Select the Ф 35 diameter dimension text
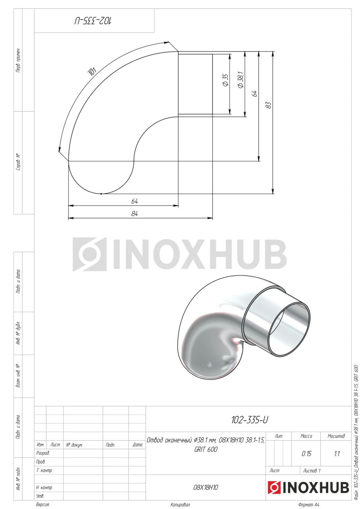(x=226, y=80)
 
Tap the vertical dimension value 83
(x=269, y=105)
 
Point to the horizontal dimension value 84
(x=134, y=214)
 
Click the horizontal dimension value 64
(x=134, y=201)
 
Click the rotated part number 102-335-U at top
(x=93, y=21)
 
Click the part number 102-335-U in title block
(x=249, y=420)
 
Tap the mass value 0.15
(x=306, y=454)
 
